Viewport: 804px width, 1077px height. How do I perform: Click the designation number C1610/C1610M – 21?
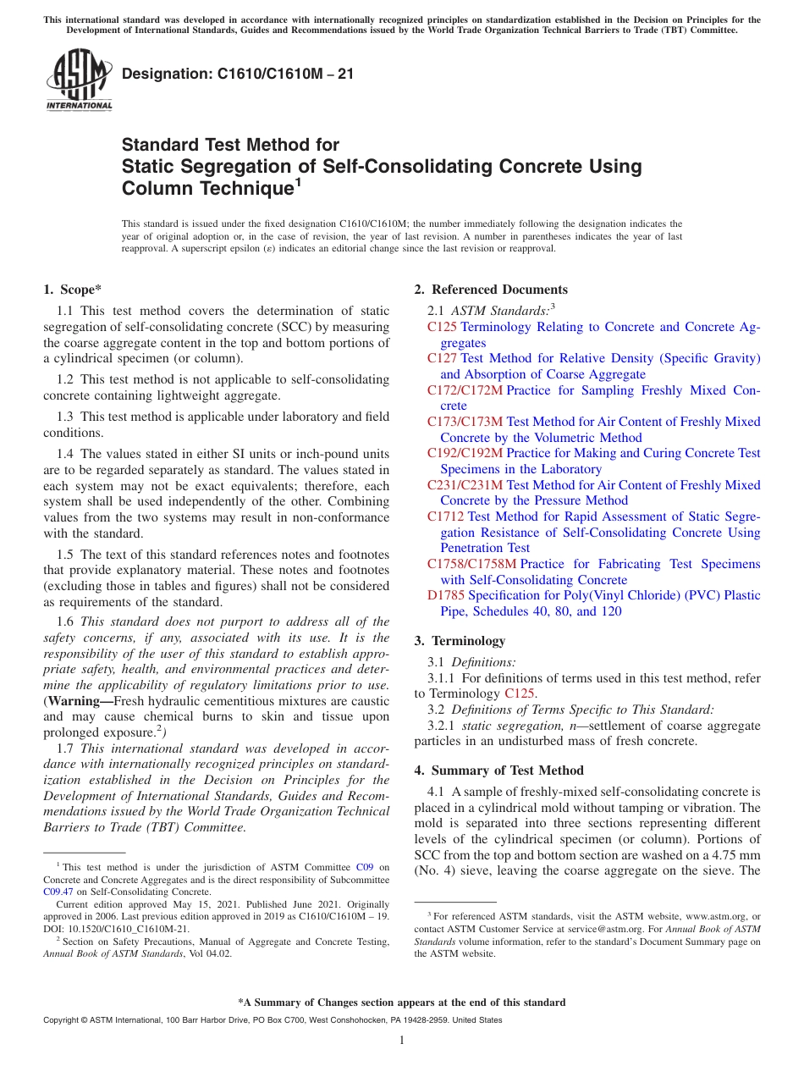(238, 74)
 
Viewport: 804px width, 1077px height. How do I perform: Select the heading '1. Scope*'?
(72, 290)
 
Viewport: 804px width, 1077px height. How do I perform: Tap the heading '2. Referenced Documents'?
(491, 290)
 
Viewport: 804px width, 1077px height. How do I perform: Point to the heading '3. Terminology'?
(460, 641)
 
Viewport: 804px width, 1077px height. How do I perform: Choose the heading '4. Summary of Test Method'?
(499, 770)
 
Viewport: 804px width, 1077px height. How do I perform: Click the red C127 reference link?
(442, 358)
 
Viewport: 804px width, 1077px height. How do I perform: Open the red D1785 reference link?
(446, 595)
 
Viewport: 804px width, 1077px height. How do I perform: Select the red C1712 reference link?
(445, 516)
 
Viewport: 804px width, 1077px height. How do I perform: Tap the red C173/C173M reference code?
(465, 422)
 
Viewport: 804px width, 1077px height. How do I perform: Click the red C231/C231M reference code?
(465, 485)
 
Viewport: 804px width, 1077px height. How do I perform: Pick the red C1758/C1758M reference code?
(471, 564)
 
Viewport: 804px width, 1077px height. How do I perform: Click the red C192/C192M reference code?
(465, 453)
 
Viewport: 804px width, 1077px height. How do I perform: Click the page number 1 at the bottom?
(402, 1040)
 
